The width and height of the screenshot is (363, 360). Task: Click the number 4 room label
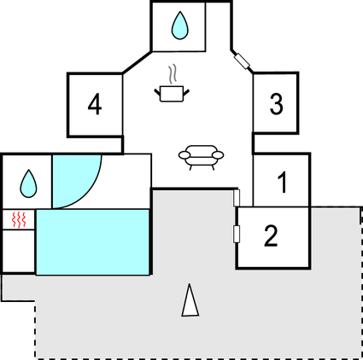(95, 105)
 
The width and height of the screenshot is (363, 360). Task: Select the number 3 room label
(276, 104)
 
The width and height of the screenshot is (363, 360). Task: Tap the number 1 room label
(282, 183)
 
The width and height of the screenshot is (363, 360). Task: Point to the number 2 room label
(271, 235)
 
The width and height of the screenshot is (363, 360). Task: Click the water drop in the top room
(180, 25)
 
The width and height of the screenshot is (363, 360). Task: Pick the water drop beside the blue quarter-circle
(28, 183)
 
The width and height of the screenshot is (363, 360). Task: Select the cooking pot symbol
(172, 94)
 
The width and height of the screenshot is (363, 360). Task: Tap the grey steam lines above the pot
(173, 74)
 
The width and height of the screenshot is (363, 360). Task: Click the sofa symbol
(201, 157)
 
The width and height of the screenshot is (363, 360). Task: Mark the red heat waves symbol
(19, 219)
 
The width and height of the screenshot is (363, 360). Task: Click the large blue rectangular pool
(92, 242)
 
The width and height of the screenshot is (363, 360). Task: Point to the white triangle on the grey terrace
(190, 300)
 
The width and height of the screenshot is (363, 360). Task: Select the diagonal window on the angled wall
(242, 61)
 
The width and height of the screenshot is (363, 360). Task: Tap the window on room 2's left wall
(237, 235)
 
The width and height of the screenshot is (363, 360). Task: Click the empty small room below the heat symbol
(19, 251)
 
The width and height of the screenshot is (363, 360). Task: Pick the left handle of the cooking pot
(157, 92)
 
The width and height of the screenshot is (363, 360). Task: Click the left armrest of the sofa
(184, 155)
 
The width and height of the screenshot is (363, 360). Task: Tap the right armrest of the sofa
(218, 155)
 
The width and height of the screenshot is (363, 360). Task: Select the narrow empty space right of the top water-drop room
(218, 26)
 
